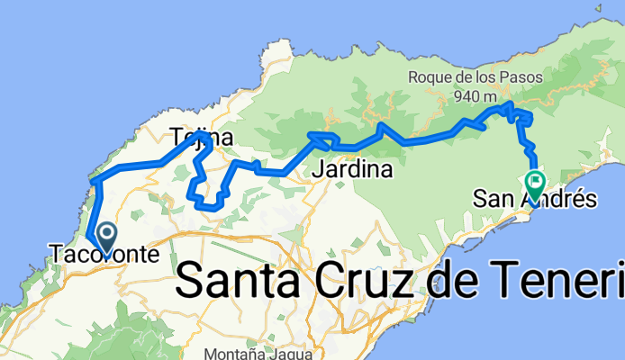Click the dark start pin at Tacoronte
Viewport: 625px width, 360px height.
[106, 238]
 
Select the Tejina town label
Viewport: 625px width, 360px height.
[202, 139]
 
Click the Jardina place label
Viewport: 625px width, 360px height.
[352, 169]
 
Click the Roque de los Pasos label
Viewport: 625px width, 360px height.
[476, 77]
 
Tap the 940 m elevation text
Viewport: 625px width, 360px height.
[476, 96]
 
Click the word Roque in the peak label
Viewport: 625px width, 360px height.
[431, 77]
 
